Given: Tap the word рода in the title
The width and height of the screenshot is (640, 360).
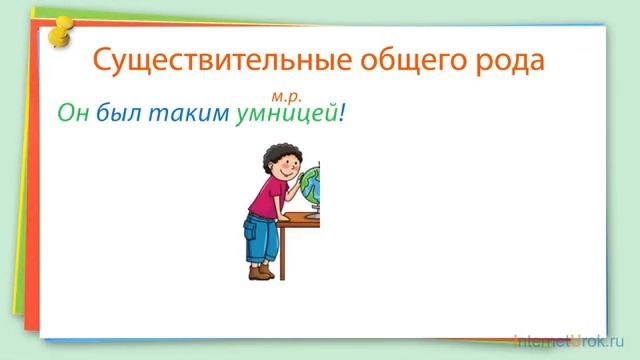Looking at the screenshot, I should coord(510,59).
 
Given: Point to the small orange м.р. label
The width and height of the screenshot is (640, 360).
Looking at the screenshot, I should coord(285,97).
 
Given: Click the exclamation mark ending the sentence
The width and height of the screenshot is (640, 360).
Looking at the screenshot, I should coord(342,115).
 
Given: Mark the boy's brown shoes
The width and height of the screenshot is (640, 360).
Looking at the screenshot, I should coord(262,271).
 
